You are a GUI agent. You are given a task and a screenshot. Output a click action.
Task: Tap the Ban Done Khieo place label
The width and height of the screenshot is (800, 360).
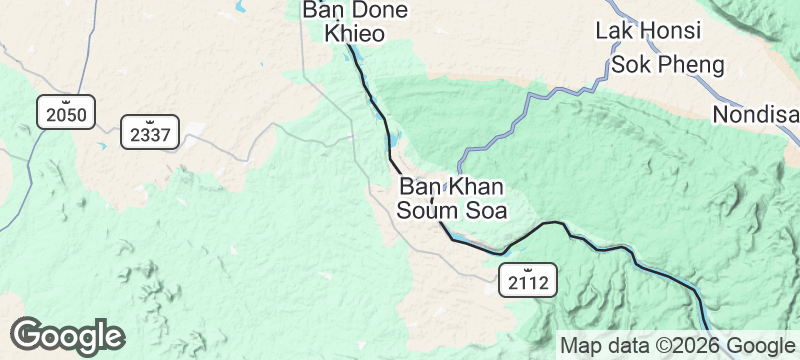tap(356, 21)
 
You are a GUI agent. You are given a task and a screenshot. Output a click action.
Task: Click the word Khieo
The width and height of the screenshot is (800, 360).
tap(356, 33)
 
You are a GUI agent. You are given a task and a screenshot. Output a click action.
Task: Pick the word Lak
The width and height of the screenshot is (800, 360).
tap(614, 30)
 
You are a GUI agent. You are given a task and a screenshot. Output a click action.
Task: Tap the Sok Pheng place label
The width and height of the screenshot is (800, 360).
tap(667, 66)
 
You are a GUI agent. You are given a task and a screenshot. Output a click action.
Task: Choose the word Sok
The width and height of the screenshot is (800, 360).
tap(630, 66)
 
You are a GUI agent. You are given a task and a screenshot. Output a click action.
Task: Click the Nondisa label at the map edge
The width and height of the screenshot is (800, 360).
tap(755, 115)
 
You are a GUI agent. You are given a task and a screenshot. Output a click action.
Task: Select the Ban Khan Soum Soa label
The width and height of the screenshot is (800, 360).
tap(452, 198)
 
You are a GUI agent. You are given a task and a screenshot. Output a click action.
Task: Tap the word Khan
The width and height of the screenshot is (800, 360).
tap(475, 186)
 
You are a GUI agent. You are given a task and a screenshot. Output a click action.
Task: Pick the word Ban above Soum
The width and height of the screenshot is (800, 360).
tap(420, 186)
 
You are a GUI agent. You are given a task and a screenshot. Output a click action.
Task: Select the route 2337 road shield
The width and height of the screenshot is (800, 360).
tap(150, 131)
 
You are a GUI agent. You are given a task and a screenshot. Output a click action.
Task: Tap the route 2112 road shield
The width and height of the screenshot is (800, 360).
tap(527, 281)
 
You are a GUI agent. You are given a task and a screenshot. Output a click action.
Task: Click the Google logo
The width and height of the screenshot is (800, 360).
tap(67, 336)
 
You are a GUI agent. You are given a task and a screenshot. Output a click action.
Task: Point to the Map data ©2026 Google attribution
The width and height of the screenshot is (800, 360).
tap(676, 346)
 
